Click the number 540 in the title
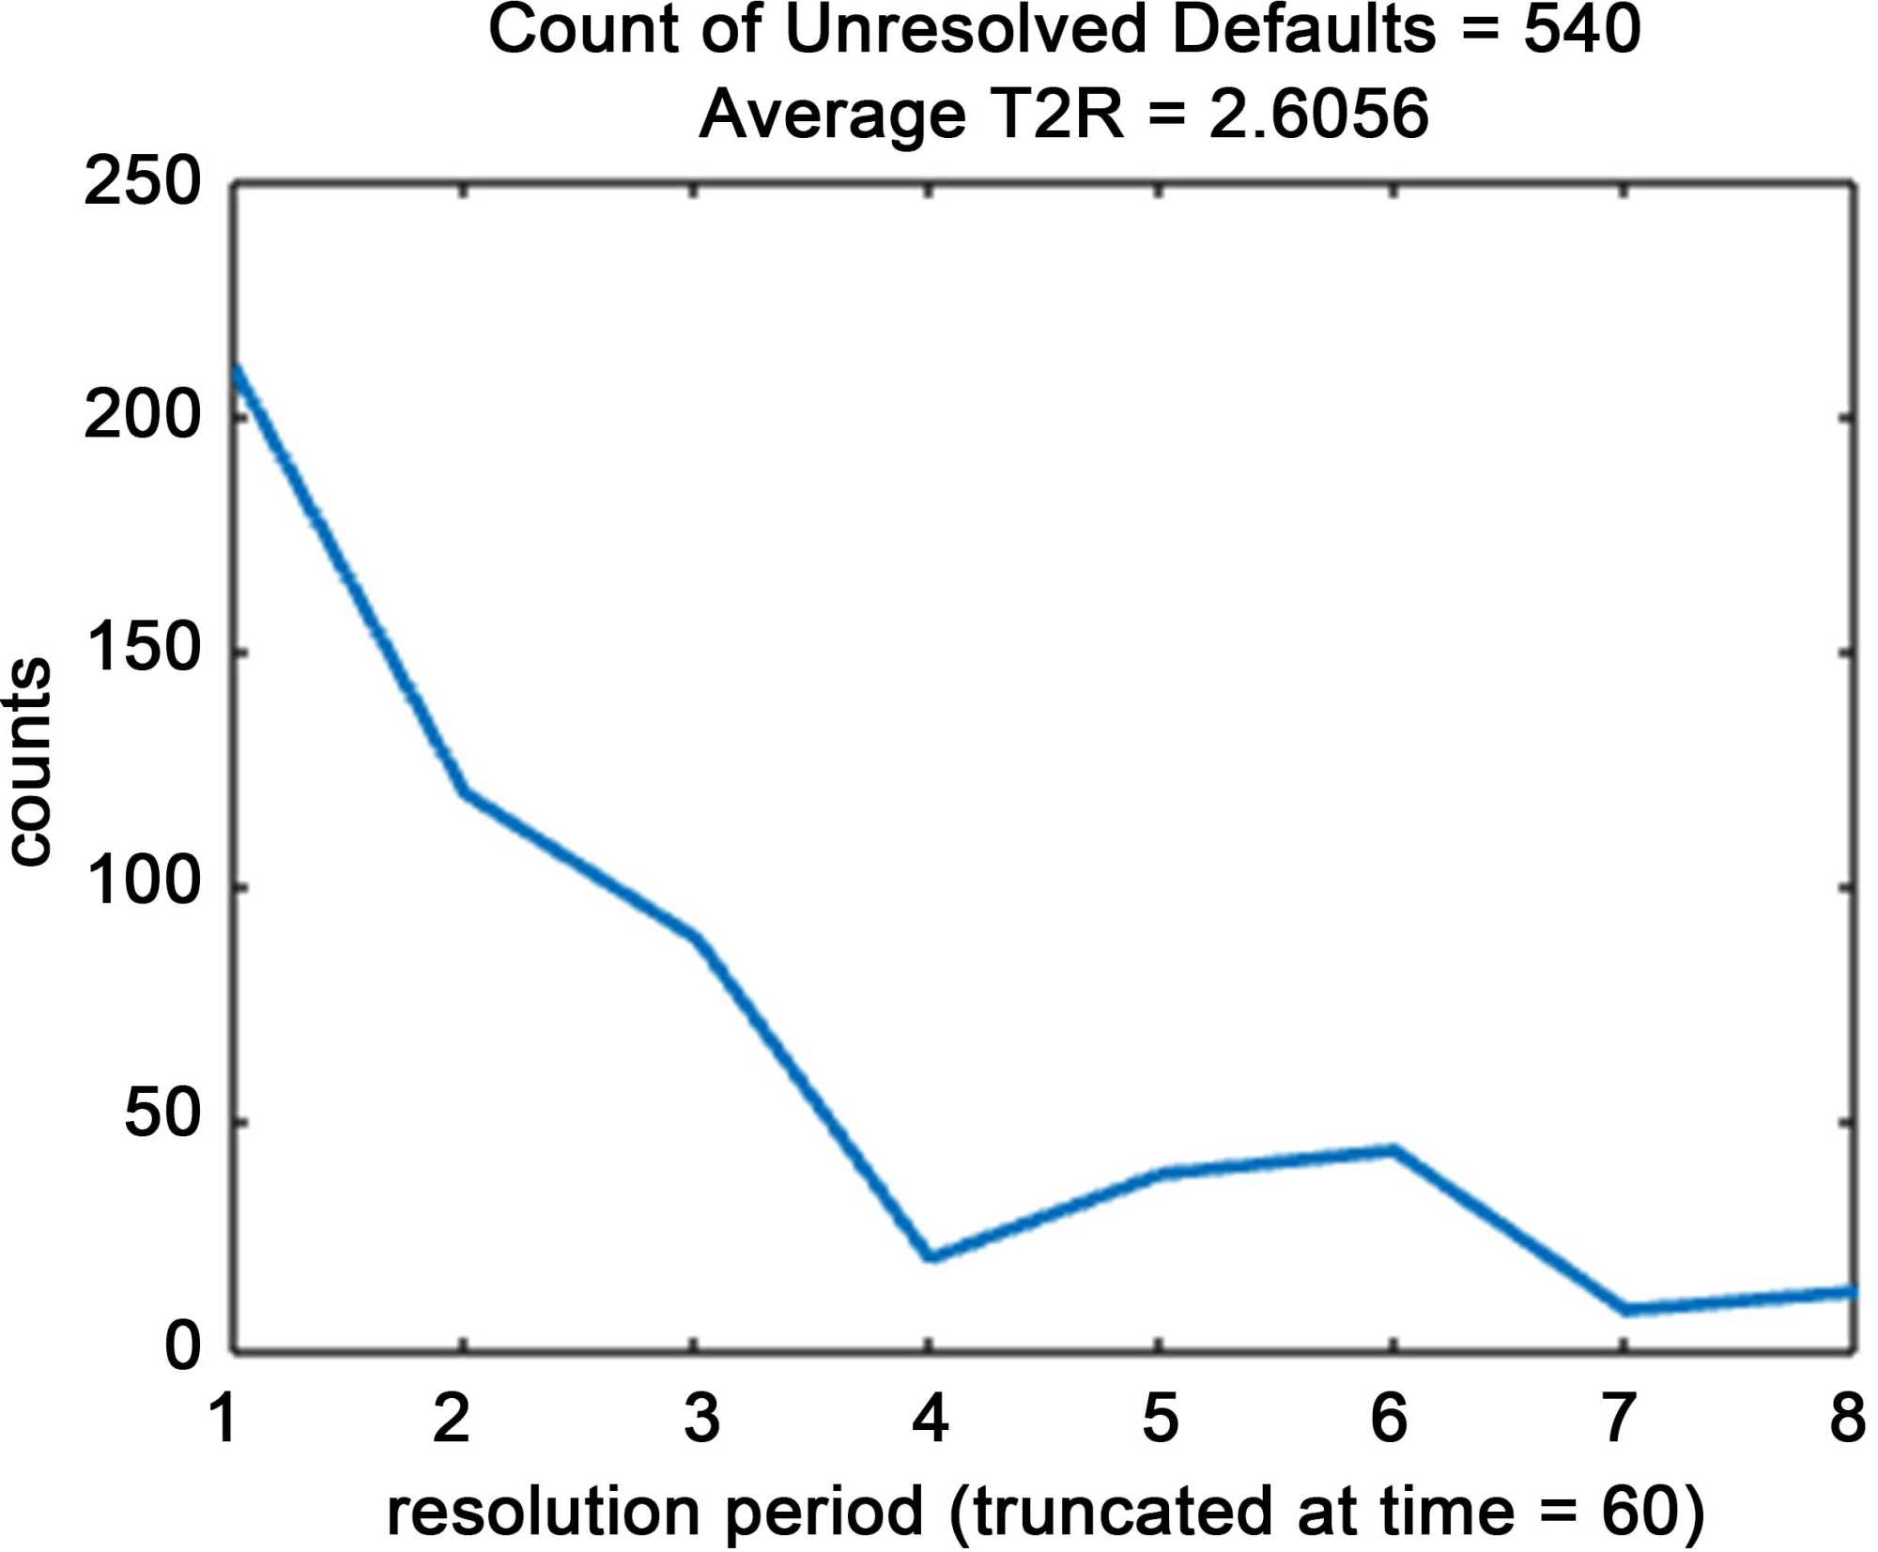(x=1581, y=30)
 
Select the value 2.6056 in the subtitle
(x=1318, y=115)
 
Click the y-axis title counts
(x=28, y=761)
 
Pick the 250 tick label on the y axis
(x=143, y=182)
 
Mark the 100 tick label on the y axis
(x=143, y=883)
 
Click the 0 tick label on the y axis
(x=183, y=1346)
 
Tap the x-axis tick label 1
(x=223, y=1418)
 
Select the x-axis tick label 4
(x=930, y=1418)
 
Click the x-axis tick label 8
(x=1847, y=1418)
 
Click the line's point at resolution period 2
(x=464, y=793)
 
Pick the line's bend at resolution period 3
(x=696, y=936)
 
